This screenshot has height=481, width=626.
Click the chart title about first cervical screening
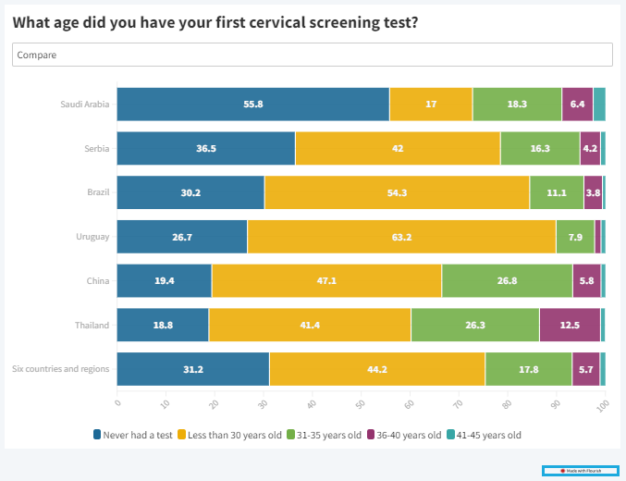coord(215,22)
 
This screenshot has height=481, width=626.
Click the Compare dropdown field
coord(313,55)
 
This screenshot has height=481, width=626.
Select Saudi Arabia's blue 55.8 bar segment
coord(252,104)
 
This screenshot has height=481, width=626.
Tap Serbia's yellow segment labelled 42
coord(398,148)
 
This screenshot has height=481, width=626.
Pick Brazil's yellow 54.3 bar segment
coord(397,192)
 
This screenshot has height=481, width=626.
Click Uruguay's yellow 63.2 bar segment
coord(401,237)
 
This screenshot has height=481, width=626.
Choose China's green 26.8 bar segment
coord(507,280)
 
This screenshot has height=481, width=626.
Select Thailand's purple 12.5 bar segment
coord(570,325)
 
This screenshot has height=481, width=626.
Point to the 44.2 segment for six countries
coord(377,369)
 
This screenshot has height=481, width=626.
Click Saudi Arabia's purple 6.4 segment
coord(577,104)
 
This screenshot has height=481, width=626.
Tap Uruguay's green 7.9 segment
coord(575,237)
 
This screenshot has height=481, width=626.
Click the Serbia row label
coord(96,148)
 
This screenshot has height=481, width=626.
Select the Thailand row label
coord(92,325)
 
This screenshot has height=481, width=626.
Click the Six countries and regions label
coord(61,369)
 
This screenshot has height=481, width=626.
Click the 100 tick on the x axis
coord(603,405)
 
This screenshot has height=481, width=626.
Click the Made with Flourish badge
coord(581,471)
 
